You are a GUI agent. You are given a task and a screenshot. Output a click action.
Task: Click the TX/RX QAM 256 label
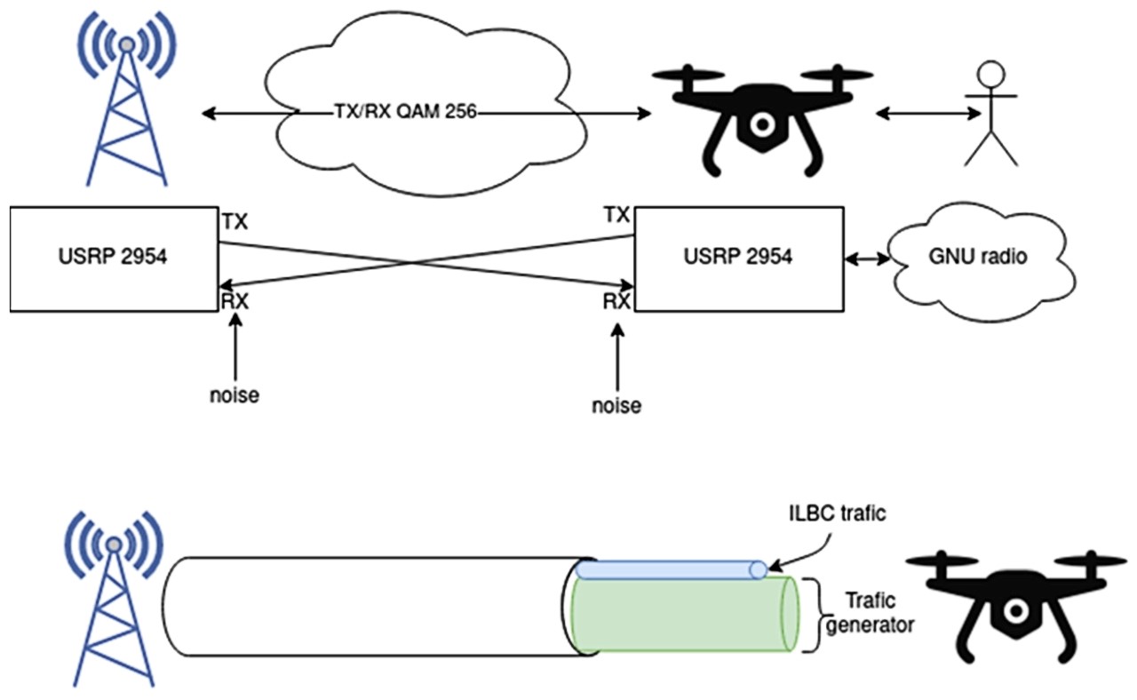[406, 111]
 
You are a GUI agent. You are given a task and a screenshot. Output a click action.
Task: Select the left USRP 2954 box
[115, 259]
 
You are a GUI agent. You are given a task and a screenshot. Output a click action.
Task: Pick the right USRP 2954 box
[739, 259]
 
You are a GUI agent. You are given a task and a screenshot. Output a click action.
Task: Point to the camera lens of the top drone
[762, 124]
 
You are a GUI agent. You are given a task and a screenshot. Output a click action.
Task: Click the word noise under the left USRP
[235, 395]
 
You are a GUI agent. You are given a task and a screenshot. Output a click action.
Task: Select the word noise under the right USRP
[616, 406]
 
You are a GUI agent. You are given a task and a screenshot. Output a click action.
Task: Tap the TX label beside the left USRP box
[235, 222]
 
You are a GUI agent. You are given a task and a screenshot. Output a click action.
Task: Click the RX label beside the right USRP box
[616, 301]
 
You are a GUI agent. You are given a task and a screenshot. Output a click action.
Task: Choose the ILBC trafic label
[837, 513]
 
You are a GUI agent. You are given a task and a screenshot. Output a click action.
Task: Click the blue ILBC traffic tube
[671, 569]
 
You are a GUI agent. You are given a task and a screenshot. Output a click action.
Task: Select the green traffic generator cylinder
[685, 614]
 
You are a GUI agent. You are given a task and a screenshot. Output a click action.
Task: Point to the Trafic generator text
[870, 613]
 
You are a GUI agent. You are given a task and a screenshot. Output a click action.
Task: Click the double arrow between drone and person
[928, 113]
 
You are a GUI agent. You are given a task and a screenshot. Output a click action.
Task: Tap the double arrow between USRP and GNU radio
[867, 259]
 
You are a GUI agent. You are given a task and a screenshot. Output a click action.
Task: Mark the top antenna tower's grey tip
[127, 44]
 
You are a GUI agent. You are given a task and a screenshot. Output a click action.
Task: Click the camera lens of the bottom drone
[1016, 611]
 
